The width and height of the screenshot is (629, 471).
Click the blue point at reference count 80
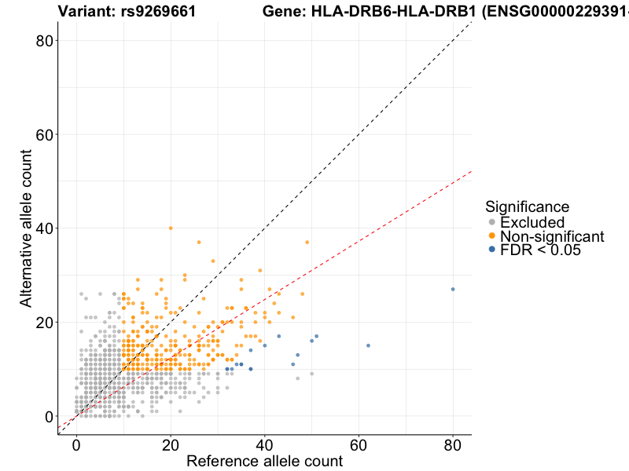(453, 289)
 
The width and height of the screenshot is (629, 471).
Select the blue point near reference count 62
(368, 345)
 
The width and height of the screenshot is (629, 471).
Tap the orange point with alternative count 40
(171, 228)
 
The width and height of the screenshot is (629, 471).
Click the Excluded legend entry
(532, 222)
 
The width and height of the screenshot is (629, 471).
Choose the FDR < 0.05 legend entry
(540, 250)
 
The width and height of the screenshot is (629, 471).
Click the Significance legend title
(527, 206)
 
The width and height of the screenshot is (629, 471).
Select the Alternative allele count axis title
(26, 228)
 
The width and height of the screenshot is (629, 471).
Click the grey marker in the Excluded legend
(492, 222)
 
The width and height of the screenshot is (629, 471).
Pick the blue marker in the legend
(492, 250)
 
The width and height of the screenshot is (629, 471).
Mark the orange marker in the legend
(492, 236)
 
